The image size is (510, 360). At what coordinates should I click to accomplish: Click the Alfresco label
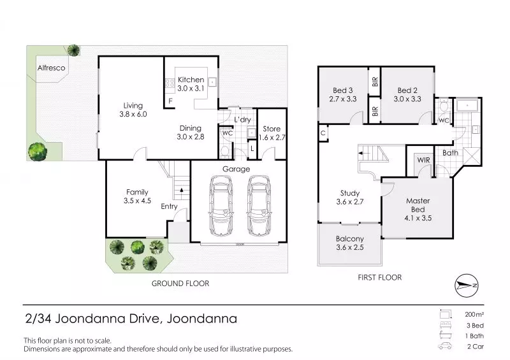pyautogui.click(x=51, y=68)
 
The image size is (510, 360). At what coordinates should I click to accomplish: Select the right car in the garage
pyautogui.click(x=259, y=206)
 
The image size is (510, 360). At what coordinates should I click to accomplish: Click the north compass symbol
pyautogui.click(x=467, y=285)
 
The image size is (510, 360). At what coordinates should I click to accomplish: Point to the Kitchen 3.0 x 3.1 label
pyautogui.click(x=191, y=84)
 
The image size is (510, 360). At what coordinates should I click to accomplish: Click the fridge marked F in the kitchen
pyautogui.click(x=170, y=101)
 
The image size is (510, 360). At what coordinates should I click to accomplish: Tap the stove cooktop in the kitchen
pyautogui.click(x=170, y=83)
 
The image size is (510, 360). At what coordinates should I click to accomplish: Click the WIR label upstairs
pyautogui.click(x=423, y=160)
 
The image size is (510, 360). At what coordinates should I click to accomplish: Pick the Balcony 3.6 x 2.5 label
pyautogui.click(x=350, y=243)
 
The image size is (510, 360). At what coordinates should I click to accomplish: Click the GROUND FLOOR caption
pyautogui.click(x=180, y=284)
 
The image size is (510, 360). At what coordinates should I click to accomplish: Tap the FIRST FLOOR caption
pyautogui.click(x=379, y=277)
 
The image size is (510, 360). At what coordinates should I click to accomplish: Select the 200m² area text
pyautogui.click(x=474, y=315)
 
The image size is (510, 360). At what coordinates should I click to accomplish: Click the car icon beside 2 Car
pyautogui.click(x=445, y=346)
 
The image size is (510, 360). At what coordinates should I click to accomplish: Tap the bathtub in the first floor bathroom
pyautogui.click(x=467, y=106)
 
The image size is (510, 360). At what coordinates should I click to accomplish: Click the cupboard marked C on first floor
pyautogui.click(x=323, y=133)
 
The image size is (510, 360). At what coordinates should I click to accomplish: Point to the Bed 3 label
pyautogui.click(x=343, y=90)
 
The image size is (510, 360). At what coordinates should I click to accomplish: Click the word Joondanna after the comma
pyautogui.click(x=201, y=319)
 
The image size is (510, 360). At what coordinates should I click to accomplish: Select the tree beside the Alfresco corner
pyautogui.click(x=73, y=50)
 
